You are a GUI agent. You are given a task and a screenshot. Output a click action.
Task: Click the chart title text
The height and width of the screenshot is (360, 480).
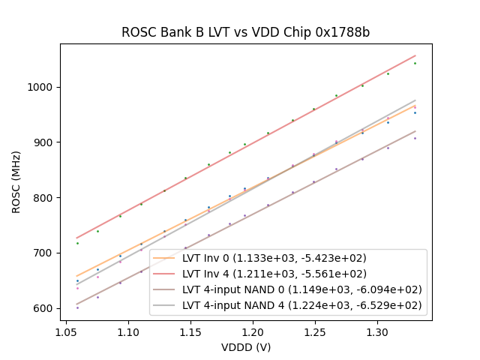[x=245, y=33]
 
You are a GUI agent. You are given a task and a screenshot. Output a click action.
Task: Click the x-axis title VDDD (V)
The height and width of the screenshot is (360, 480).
[x=245, y=347]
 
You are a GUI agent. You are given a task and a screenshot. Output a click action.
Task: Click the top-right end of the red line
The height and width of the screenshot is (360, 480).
[x=415, y=55]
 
